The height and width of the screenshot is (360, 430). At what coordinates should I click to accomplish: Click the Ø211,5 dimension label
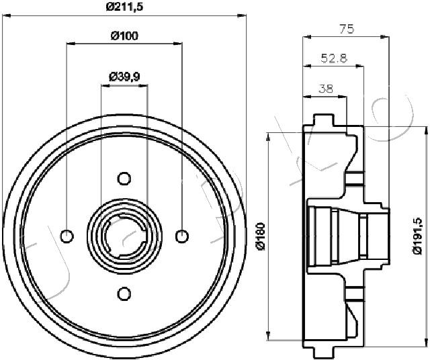tap(124, 7)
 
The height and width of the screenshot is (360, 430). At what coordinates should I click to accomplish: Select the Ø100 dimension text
tap(124, 36)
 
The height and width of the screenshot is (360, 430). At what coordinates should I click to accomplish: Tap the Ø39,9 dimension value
tap(124, 77)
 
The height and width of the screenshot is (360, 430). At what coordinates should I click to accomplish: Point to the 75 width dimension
tap(347, 29)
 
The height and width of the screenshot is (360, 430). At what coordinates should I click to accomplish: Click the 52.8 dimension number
tap(334, 58)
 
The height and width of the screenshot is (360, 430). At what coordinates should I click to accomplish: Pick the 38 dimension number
tap(326, 89)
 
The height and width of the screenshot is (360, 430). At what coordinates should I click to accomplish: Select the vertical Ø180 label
tap(260, 236)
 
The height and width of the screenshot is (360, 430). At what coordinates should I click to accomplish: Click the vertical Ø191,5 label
tap(418, 236)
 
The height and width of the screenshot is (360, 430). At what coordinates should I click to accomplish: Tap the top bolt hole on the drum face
tap(124, 179)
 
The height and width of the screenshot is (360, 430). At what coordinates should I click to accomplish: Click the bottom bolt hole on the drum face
tap(124, 294)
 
